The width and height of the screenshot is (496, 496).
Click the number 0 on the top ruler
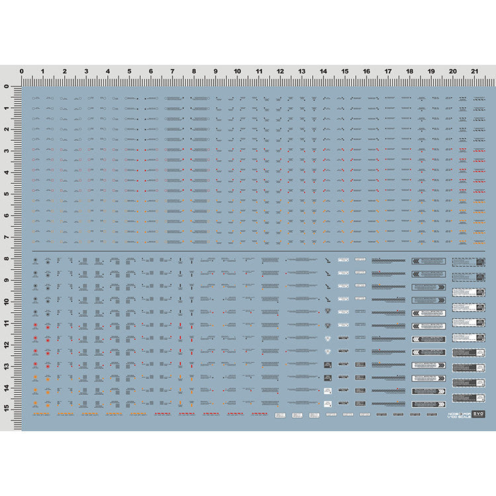22,71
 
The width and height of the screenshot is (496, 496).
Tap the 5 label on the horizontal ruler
129,71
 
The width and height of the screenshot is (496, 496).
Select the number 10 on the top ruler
237,71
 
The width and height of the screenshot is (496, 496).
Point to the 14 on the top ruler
323,71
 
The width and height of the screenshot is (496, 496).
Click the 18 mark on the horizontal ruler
409,71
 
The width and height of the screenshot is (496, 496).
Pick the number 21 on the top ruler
474,71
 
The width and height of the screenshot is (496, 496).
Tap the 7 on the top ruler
172,71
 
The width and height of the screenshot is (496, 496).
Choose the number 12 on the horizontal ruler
280,71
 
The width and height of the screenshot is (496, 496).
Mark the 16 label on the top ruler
366,71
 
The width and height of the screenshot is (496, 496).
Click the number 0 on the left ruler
7,87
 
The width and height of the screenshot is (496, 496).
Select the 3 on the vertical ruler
7,151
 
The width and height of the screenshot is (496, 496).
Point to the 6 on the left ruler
7,216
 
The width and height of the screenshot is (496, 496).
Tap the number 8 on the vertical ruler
7,259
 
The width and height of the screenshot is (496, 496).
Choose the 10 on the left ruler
7,302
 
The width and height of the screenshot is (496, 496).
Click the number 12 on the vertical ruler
7,345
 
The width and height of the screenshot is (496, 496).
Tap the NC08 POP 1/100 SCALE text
455,415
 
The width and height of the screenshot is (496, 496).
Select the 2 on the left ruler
7,130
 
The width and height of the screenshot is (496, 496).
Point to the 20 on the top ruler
452,71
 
